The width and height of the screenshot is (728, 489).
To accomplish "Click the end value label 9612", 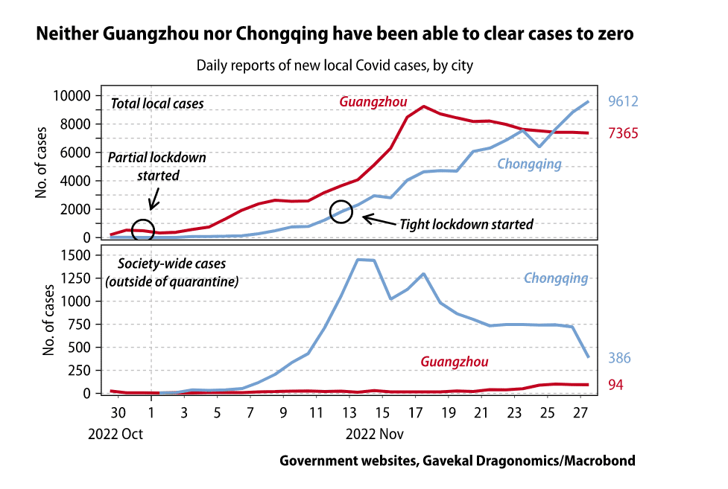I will (623, 102).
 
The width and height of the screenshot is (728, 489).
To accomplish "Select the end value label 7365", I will (623, 134).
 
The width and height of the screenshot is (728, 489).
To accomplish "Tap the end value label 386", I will (619, 358).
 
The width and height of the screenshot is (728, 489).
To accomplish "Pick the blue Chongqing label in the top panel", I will (529, 164).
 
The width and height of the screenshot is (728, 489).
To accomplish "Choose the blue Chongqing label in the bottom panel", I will (556, 278).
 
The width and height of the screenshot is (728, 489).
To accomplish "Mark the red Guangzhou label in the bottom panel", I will (455, 362).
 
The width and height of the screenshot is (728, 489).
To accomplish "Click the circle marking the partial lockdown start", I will (143, 230).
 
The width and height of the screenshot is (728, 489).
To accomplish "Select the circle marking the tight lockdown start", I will (341, 211).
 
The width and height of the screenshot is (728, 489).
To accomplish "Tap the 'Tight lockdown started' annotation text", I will (466, 223).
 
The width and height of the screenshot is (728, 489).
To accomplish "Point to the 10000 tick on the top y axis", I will (75, 95).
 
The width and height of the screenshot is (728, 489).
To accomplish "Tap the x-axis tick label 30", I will (118, 413).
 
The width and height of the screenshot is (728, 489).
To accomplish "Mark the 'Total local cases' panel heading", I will (157, 104).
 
